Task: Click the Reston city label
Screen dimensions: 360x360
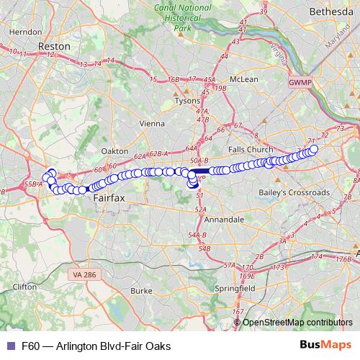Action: point(56,45)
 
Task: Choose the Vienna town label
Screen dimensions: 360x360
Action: point(152,123)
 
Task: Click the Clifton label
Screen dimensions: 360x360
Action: point(24,286)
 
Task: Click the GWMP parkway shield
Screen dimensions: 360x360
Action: point(298,84)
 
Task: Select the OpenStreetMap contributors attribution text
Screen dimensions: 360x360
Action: point(297,323)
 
